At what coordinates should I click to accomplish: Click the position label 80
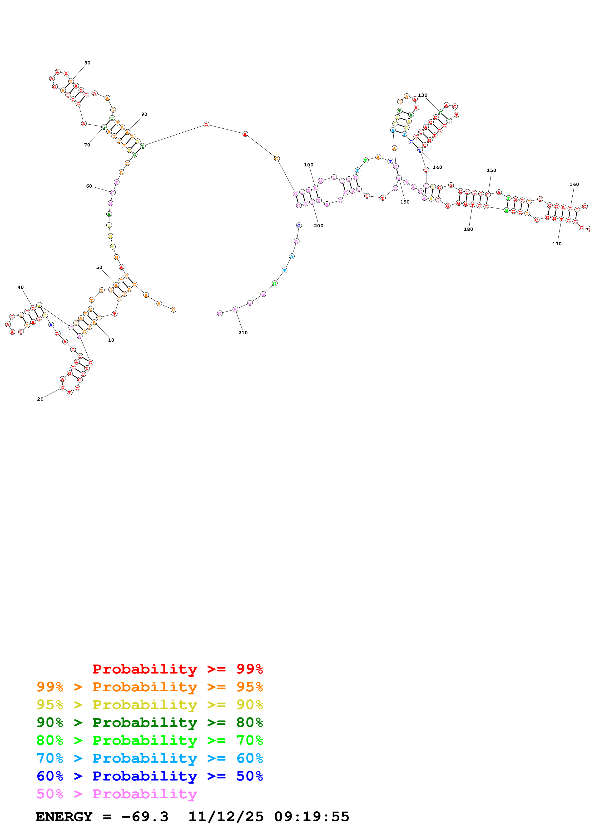click(x=87, y=63)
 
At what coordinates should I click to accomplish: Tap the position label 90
click(x=144, y=114)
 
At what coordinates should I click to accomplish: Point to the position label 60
click(x=89, y=186)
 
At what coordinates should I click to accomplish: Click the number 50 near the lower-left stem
click(x=99, y=267)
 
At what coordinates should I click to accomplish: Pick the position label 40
click(x=21, y=287)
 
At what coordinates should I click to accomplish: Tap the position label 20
click(x=40, y=399)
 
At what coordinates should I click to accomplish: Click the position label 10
click(x=111, y=340)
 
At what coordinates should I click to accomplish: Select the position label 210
click(x=243, y=333)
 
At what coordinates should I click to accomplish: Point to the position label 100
click(x=309, y=165)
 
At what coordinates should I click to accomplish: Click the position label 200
click(x=318, y=226)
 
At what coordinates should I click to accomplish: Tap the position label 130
click(x=422, y=95)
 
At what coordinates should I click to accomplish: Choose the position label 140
click(x=437, y=167)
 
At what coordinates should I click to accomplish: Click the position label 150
click(x=491, y=170)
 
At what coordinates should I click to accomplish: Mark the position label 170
click(x=557, y=244)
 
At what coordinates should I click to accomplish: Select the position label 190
click(x=405, y=202)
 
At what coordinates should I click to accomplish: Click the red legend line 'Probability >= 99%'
click(x=177, y=669)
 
